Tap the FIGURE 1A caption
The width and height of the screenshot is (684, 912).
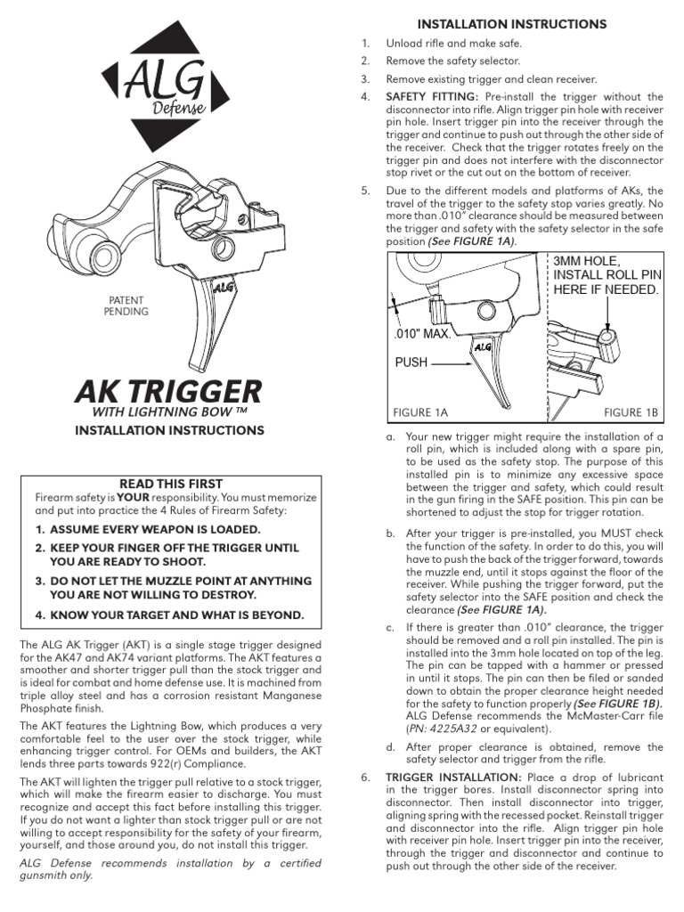pos(419,412)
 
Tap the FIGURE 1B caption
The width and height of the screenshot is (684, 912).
pos(630,412)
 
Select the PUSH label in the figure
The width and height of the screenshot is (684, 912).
pos(411,362)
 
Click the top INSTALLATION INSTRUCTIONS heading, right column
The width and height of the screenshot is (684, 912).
pos(513,24)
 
